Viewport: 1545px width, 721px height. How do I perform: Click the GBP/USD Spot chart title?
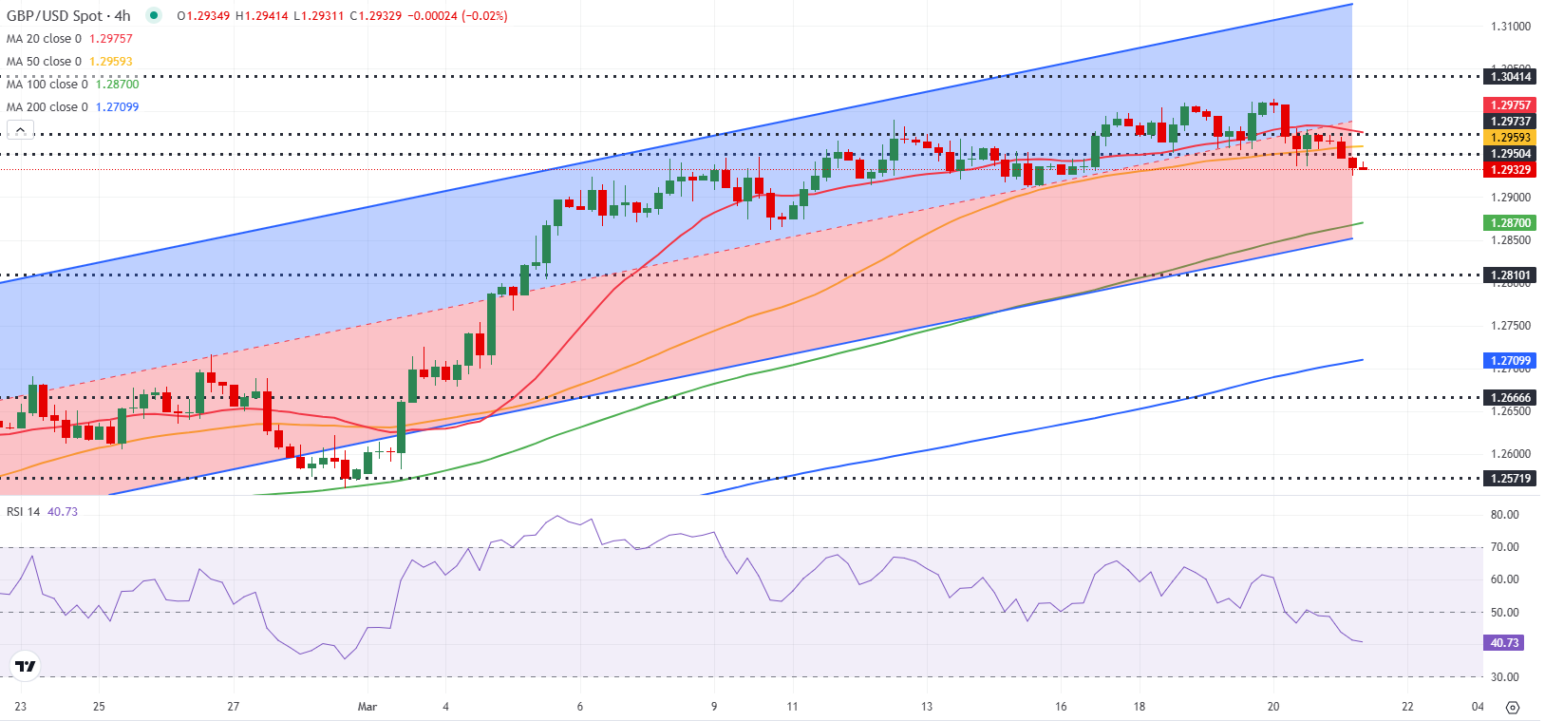click(x=68, y=16)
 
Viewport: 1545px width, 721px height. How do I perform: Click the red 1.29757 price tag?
click(x=1510, y=105)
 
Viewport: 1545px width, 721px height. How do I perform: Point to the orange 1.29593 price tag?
click(x=1510, y=138)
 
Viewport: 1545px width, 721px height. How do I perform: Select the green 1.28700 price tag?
click(x=1510, y=223)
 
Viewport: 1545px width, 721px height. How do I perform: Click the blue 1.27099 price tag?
click(x=1510, y=361)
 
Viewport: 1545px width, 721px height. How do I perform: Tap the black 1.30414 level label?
click(x=1510, y=77)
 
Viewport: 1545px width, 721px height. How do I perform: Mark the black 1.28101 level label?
click(x=1510, y=275)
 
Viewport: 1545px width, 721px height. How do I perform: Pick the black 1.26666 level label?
click(x=1510, y=398)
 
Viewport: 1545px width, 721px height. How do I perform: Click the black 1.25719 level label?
click(x=1510, y=479)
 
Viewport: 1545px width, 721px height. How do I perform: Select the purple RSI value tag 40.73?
click(x=1504, y=643)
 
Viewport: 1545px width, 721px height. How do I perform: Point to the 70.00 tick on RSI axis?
click(x=1504, y=547)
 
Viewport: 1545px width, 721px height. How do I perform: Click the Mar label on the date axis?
click(x=367, y=707)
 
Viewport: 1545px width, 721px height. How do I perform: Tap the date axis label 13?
click(x=927, y=707)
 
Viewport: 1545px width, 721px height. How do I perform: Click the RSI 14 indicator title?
click(x=24, y=512)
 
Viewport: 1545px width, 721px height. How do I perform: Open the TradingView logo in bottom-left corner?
click(x=26, y=666)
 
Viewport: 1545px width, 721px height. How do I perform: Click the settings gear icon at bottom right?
click(x=1513, y=708)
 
